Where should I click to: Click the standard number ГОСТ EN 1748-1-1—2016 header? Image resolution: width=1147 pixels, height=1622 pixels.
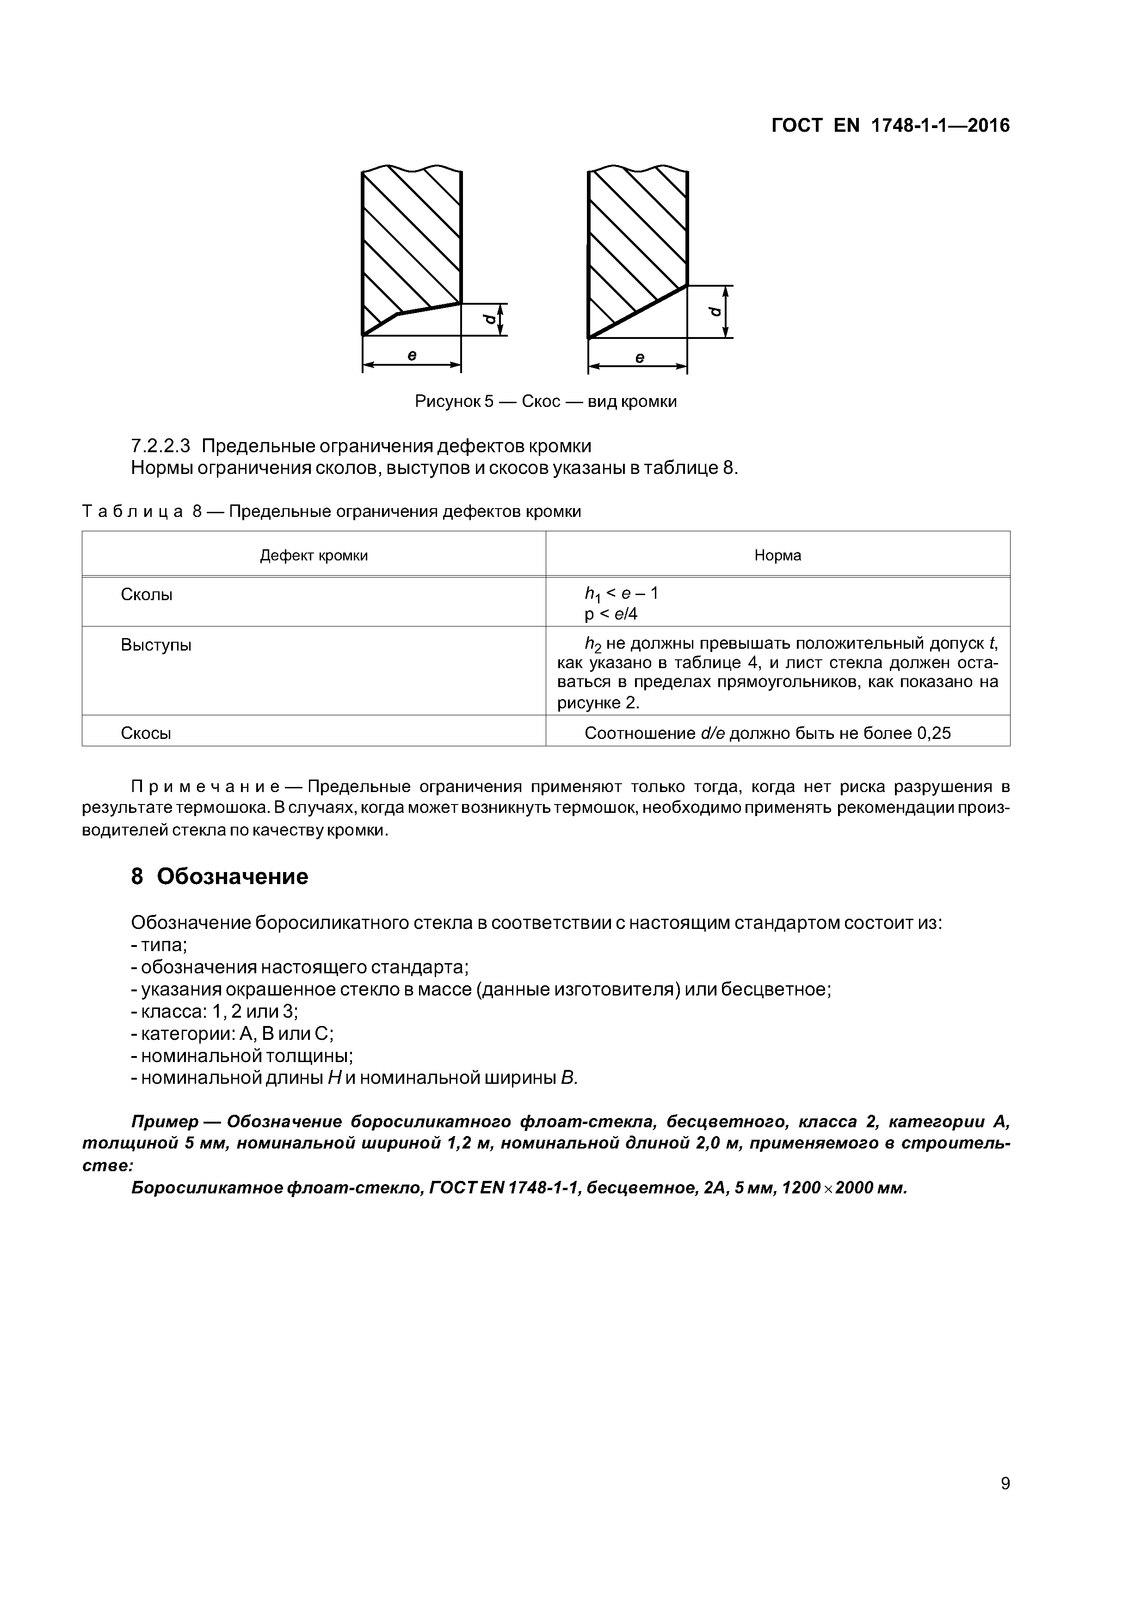click(x=890, y=126)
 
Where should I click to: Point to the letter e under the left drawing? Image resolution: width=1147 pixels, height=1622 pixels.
click(x=411, y=356)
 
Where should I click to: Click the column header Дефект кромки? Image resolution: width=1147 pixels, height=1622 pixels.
click(x=314, y=555)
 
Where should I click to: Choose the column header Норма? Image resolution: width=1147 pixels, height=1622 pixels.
click(x=777, y=555)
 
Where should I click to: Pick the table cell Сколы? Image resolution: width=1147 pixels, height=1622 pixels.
click(x=147, y=595)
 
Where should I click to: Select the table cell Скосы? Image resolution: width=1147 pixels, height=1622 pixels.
click(x=146, y=733)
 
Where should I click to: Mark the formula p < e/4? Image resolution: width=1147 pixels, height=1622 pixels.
click(x=610, y=614)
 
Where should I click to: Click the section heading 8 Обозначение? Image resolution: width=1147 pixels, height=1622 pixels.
click(x=220, y=877)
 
